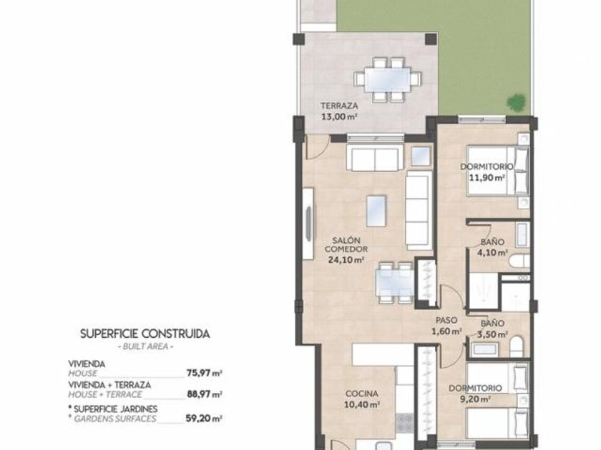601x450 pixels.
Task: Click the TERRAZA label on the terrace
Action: point(339,106)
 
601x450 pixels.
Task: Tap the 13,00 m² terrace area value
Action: point(339,116)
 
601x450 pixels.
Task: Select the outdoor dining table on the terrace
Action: point(388,79)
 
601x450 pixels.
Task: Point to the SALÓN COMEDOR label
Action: point(346,245)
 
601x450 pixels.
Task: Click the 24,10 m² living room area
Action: point(346,260)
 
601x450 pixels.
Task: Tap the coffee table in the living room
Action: point(376,211)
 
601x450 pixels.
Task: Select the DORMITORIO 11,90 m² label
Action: point(487,172)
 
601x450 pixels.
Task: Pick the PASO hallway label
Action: point(446,320)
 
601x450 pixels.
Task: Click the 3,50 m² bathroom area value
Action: point(492,334)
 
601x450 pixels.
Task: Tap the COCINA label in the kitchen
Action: point(362,394)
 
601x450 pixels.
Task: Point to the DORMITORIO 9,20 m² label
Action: point(475,394)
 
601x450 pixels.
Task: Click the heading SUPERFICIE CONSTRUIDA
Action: point(145,334)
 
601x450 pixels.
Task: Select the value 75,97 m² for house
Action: point(205,373)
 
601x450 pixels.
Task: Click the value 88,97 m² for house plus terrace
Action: point(205,394)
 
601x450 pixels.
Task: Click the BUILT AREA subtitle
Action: point(145,346)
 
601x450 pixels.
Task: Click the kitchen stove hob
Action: point(404,422)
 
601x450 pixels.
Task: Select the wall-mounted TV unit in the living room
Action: point(308,224)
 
